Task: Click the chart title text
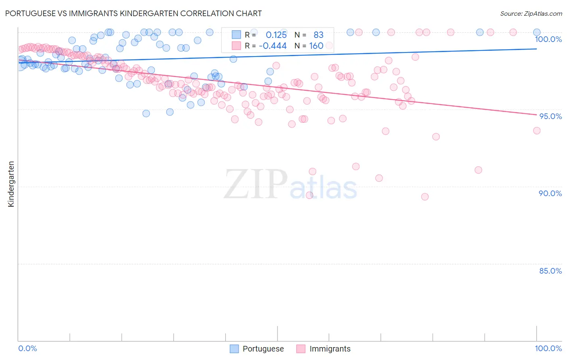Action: click(133, 13)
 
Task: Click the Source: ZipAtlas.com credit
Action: click(531, 13)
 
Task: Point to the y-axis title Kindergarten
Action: click(11, 184)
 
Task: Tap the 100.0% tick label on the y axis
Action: click(548, 39)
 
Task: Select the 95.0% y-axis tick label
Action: click(550, 116)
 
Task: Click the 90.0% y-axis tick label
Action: click(550, 193)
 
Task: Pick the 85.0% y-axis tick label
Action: click(550, 271)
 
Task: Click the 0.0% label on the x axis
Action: click(27, 348)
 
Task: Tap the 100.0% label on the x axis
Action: click(548, 348)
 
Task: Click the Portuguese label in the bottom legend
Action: click(263, 349)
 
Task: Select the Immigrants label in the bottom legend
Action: click(330, 349)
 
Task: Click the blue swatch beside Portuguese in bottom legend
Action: click(234, 349)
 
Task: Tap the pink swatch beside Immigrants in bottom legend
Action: click(301, 349)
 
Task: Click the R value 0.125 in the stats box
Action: click(276, 35)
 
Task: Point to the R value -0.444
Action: click(273, 46)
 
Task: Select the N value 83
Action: click(319, 35)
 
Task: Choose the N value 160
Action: click(316, 46)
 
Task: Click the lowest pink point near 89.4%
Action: click(425, 197)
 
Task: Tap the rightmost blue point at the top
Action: click(537, 32)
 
